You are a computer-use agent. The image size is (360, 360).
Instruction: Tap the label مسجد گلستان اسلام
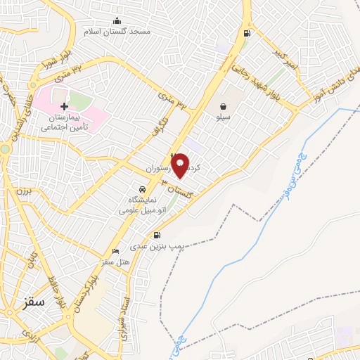117,32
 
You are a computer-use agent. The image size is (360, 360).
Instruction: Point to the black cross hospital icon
65,106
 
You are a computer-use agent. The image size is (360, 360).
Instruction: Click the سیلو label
224,118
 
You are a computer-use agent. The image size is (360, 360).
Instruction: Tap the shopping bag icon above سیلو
223,107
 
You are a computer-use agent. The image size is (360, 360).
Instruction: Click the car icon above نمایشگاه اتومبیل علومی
143,189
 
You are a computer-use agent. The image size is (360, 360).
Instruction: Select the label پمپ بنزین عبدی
159,247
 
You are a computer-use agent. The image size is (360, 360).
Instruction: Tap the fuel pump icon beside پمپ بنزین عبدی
156,236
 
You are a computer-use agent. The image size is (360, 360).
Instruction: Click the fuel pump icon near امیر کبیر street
246,33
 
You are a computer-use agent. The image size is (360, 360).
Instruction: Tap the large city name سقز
32,302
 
